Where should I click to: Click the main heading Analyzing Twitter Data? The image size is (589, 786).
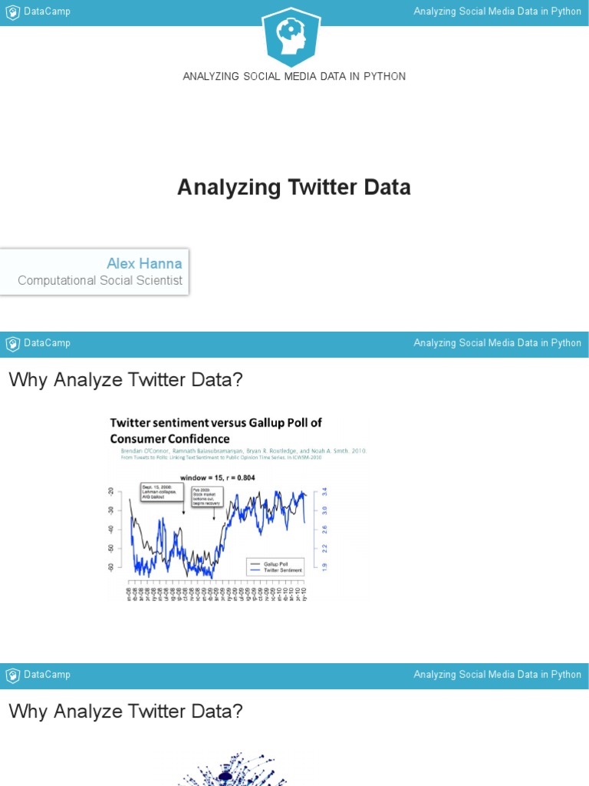pos(294,187)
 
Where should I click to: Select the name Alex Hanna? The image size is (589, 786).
pos(144,264)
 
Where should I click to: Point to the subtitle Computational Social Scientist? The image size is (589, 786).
pos(100,281)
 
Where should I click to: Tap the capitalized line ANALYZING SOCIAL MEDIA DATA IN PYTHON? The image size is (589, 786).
pos(294,76)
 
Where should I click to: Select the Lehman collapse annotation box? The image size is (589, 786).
pos(162,492)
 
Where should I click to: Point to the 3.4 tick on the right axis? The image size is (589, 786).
pos(324,491)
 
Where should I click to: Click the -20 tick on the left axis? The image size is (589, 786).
pos(111,492)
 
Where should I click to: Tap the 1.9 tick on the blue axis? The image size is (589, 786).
pos(324,566)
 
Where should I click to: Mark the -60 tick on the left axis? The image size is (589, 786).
pos(111,567)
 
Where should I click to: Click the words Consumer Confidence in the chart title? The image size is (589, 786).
pos(170,439)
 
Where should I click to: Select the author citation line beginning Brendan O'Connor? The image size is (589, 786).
pos(238,451)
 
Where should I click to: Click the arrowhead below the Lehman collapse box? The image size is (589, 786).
pos(183,512)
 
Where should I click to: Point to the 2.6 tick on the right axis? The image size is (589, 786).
pos(324,529)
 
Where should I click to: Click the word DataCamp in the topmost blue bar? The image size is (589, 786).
pos(47,12)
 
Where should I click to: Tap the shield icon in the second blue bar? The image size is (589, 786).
pos(12,343)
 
